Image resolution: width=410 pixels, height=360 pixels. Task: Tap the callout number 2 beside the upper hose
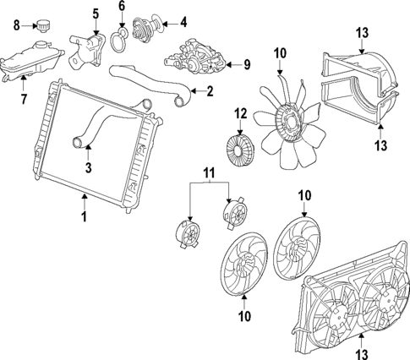pyautogui.click(x=210, y=91)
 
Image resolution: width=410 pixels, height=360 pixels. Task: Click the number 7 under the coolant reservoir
pyautogui.click(x=23, y=100)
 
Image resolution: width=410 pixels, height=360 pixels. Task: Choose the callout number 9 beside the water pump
pyautogui.click(x=248, y=63)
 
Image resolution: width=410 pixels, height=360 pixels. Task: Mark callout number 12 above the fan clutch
pyautogui.click(x=241, y=113)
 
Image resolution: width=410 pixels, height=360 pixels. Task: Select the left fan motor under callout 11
pyautogui.click(x=185, y=233)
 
